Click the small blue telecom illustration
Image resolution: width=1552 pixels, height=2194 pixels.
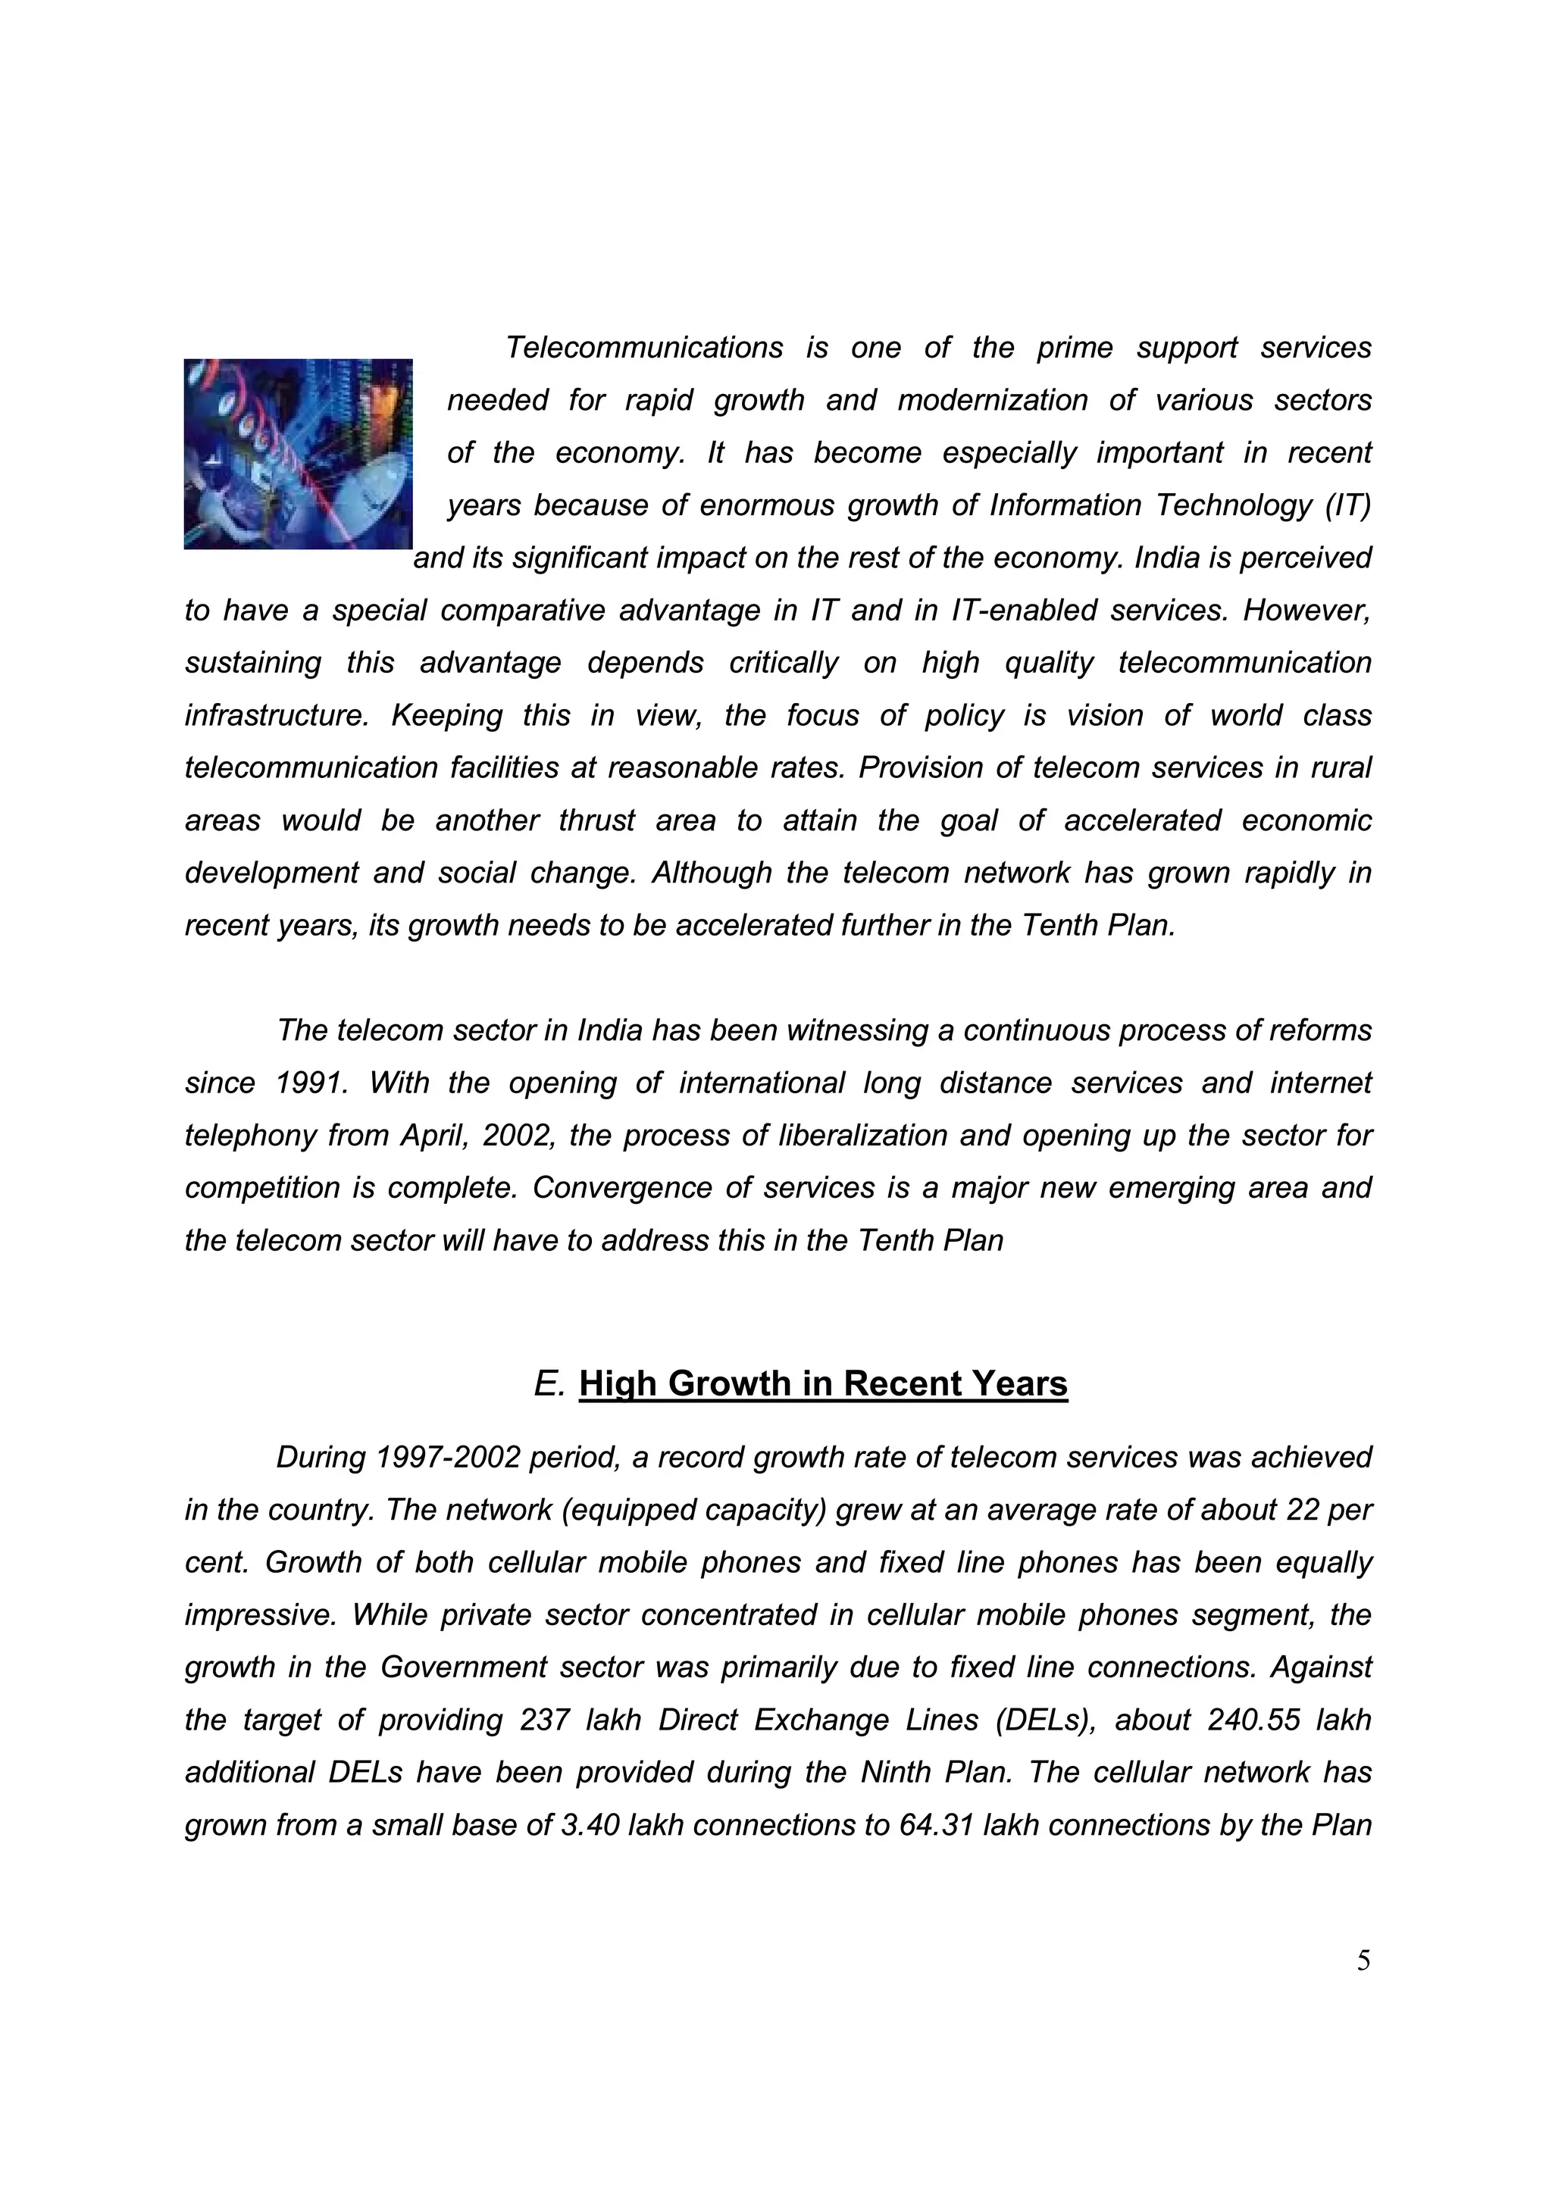tap(297, 453)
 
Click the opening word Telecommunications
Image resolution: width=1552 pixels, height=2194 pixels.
tap(644, 348)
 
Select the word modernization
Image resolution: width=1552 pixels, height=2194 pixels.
tap(992, 400)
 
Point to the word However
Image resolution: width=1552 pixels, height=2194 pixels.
tap(1306, 611)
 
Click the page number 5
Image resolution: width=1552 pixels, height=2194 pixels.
tap(1364, 1961)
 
